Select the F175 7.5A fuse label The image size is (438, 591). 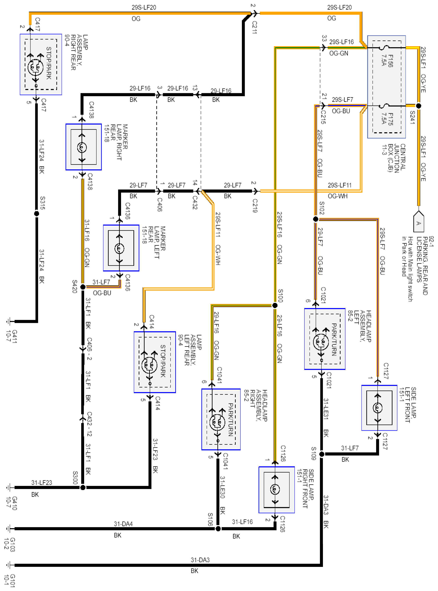pyautogui.click(x=387, y=119)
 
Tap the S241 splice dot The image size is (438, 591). pyautogui.click(x=418, y=106)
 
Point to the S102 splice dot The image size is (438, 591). pyautogui.click(x=316, y=219)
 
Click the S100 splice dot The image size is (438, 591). pyautogui.click(x=275, y=305)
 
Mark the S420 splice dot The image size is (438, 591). pyautogui.click(x=83, y=287)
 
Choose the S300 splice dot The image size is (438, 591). pyautogui.click(x=83, y=487)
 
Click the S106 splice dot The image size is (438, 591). pyautogui.click(x=218, y=529)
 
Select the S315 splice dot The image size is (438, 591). pyautogui.click(x=36, y=213)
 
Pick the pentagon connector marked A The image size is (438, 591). pyautogui.click(x=419, y=222)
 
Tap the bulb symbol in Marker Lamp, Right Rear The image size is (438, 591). pyautogui.click(x=82, y=147)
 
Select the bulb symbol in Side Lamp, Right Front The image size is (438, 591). pyautogui.click(x=275, y=489)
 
